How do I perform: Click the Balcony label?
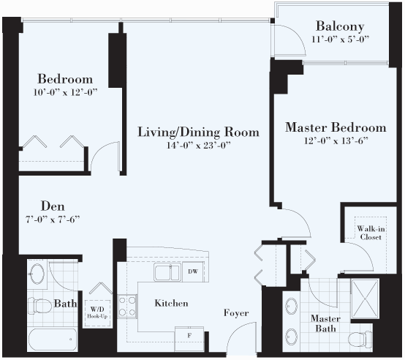click(x=340, y=26)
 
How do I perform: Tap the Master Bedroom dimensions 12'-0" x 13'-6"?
click(x=336, y=140)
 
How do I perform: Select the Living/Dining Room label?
click(x=198, y=132)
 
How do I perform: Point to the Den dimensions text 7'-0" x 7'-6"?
click(x=53, y=220)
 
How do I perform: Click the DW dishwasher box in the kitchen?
click(x=193, y=271)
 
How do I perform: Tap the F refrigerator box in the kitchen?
click(x=189, y=339)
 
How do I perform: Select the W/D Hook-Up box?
click(x=97, y=312)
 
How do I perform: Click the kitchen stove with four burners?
click(x=127, y=307)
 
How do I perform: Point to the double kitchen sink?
click(x=167, y=272)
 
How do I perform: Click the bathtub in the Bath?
click(x=53, y=340)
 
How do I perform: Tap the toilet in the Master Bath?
click(x=360, y=339)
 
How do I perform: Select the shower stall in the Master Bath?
click(x=365, y=299)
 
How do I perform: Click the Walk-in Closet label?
click(x=371, y=233)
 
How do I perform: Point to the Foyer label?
click(x=236, y=313)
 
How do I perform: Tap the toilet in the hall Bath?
click(x=40, y=305)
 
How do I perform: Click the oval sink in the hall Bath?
click(x=36, y=274)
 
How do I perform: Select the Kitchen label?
click(x=171, y=303)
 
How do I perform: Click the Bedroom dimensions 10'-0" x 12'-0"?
click(x=65, y=92)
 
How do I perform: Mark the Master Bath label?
click(x=325, y=323)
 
